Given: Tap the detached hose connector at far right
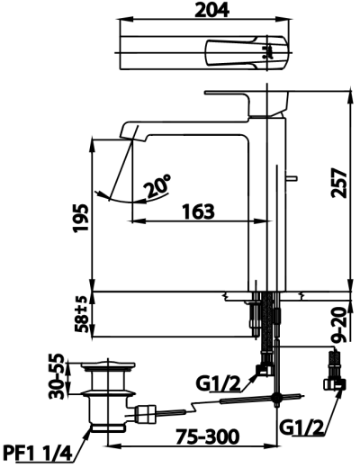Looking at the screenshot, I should pos(336,374).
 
